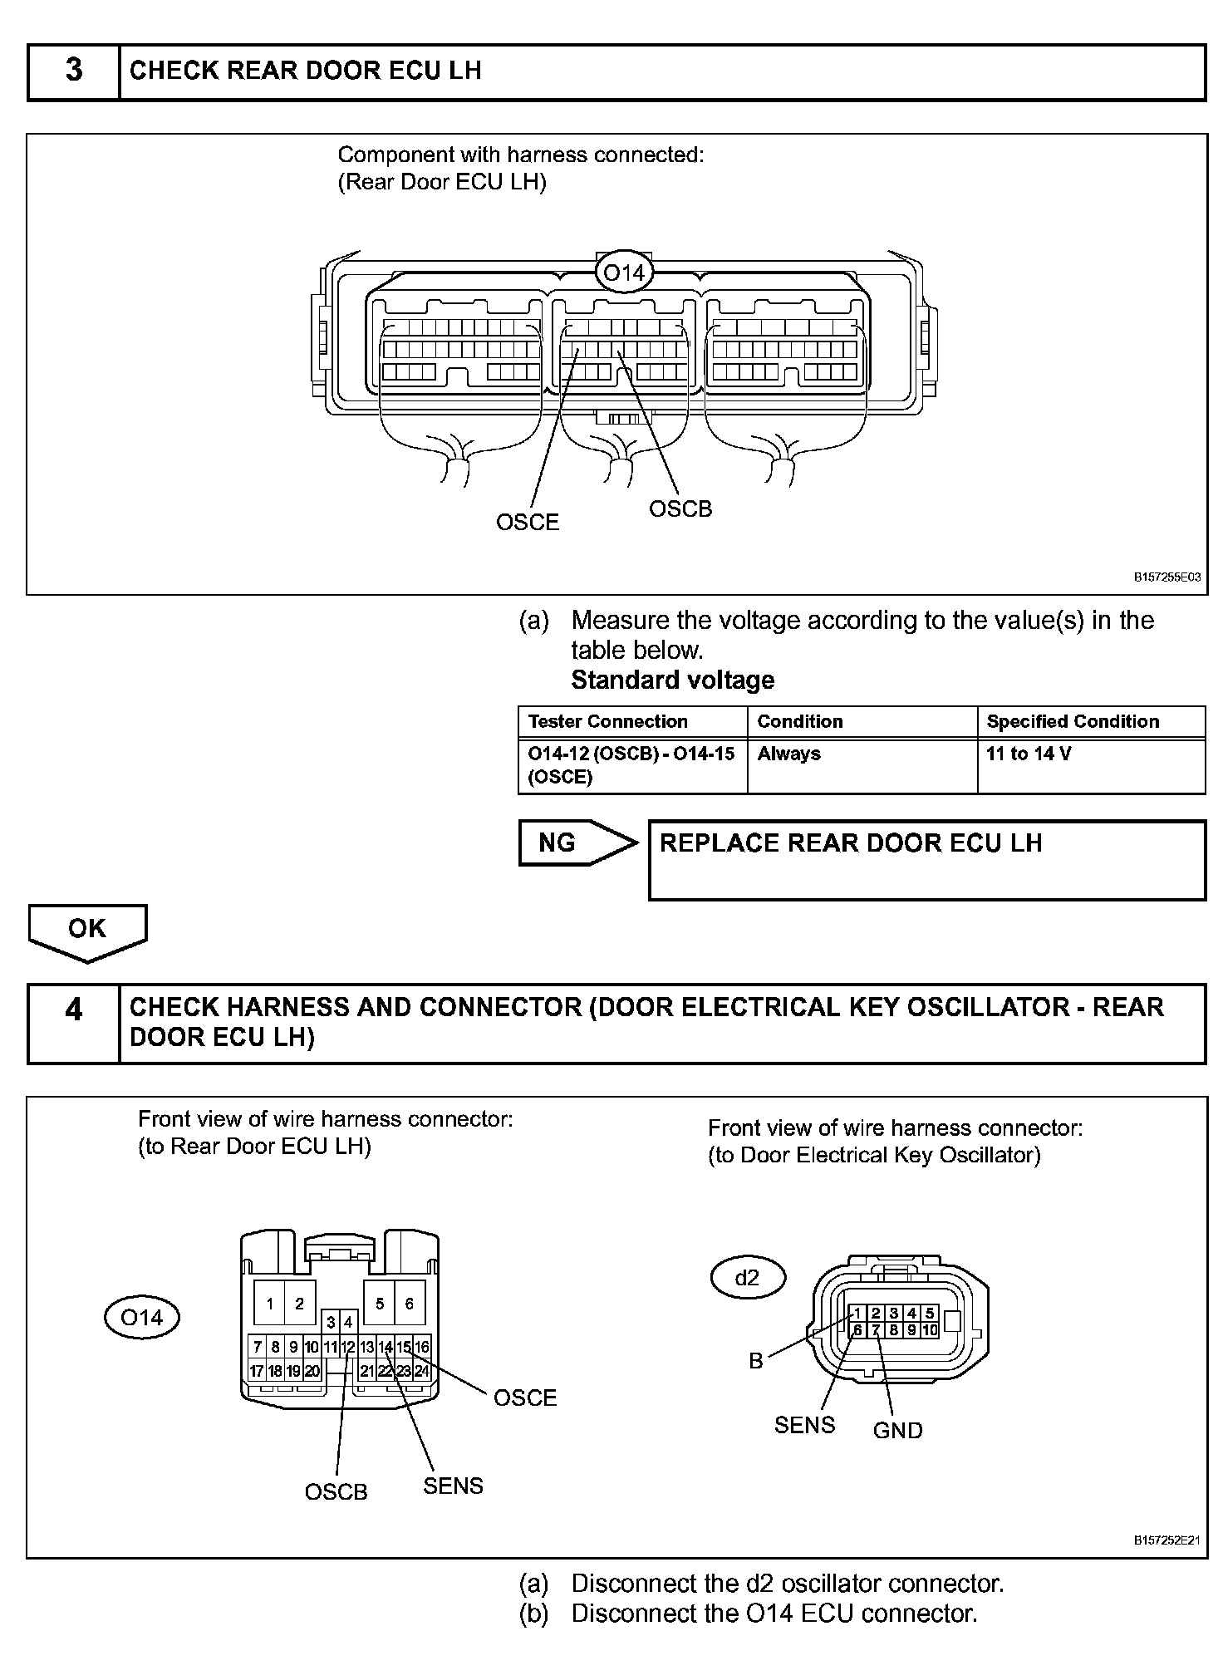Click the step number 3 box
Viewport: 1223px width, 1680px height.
click(74, 71)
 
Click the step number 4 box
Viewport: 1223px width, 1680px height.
click(74, 1023)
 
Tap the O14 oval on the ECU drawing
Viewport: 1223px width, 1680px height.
click(624, 272)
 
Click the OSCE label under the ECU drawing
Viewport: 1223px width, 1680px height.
click(528, 523)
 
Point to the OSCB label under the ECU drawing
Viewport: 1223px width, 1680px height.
click(680, 508)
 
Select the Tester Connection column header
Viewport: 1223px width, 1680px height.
click(608, 721)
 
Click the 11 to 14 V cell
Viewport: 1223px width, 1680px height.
click(1029, 754)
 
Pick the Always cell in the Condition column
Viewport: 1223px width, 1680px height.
click(788, 754)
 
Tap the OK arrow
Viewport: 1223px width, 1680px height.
click(87, 931)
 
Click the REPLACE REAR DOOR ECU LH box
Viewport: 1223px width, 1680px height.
click(926, 860)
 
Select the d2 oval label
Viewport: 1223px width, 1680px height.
click(748, 1278)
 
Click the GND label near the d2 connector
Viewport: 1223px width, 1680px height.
click(897, 1431)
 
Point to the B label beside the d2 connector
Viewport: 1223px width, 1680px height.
click(756, 1361)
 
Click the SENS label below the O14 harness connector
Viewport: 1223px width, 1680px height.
click(453, 1486)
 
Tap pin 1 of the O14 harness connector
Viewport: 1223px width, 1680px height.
click(270, 1304)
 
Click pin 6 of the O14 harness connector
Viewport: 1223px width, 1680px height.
click(409, 1304)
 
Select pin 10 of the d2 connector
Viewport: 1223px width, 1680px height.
click(930, 1330)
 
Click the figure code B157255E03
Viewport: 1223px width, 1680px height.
click(1167, 577)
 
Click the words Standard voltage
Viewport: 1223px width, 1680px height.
click(673, 680)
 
